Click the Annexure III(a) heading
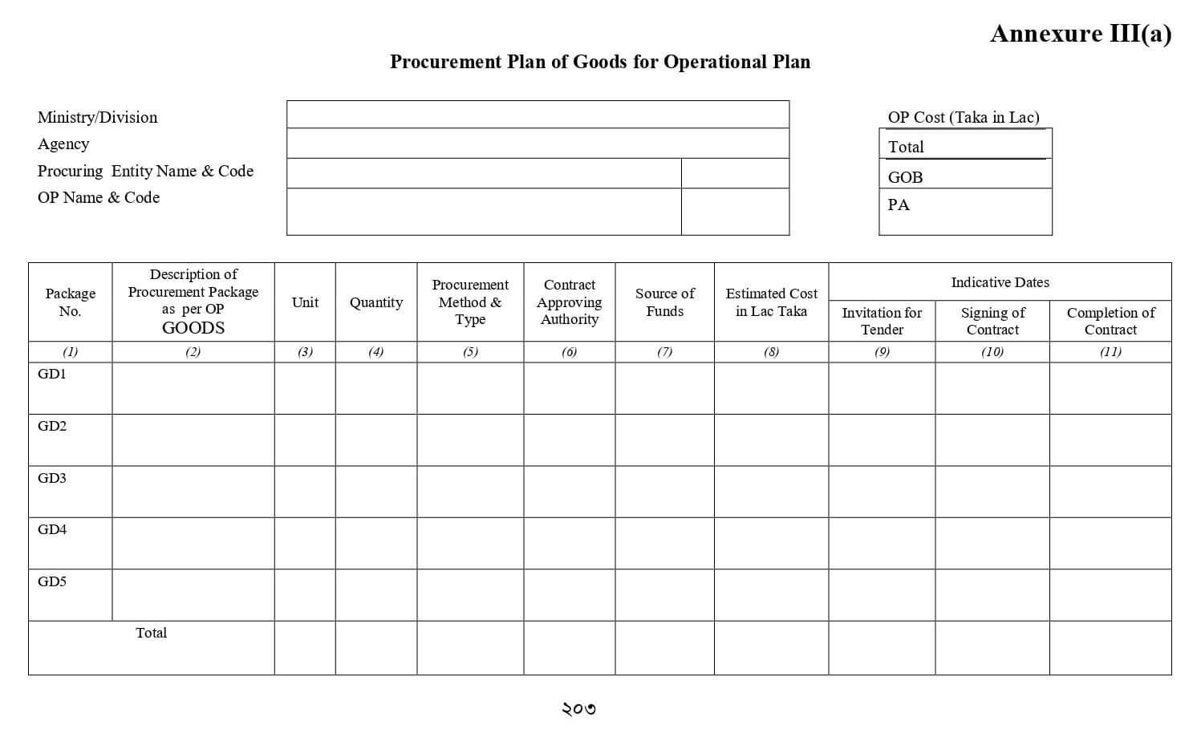point(1080,34)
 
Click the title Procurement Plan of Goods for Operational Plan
point(599,62)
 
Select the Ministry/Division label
point(97,117)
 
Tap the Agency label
point(63,144)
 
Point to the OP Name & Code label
point(99,197)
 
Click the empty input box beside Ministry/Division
point(538,115)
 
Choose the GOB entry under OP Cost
point(905,177)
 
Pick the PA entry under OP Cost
point(899,205)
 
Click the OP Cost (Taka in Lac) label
point(963,117)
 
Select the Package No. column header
point(71,302)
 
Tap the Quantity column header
point(375,302)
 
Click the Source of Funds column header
point(664,302)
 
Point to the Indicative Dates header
point(1000,282)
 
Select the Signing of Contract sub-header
point(992,321)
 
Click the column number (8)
point(771,351)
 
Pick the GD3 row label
point(52,478)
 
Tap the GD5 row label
point(52,581)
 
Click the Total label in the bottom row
point(151,633)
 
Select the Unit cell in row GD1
point(305,388)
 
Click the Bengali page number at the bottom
point(578,708)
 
